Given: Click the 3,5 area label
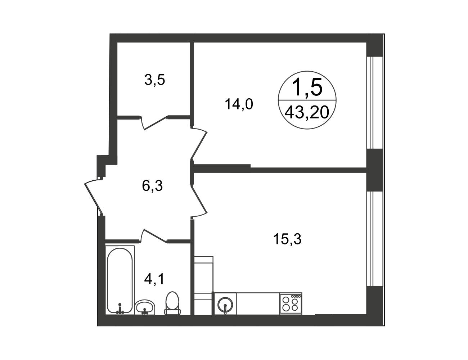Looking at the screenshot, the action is [154, 80].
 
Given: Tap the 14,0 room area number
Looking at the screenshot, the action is [239, 104].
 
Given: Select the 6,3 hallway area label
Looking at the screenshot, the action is [152, 186].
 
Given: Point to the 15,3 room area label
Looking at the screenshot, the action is [287, 239].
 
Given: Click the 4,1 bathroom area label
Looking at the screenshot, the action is [154, 279].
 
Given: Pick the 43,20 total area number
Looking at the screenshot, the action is [307, 113].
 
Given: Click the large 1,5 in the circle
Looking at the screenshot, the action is [307, 87].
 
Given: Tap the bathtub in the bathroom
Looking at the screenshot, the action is [120, 280].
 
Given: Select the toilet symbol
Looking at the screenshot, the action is [172, 304].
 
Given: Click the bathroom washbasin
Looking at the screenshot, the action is [145, 307].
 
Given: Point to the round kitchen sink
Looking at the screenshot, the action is [225, 305].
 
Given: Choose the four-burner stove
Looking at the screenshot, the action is [291, 303].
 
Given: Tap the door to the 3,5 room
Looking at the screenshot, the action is [154, 123].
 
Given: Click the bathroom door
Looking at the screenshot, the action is [154, 236].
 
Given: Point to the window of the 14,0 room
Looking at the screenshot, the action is [374, 103].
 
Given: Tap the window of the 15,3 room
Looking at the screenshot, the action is [374, 239].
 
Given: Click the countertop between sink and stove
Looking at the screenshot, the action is [258, 303].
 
